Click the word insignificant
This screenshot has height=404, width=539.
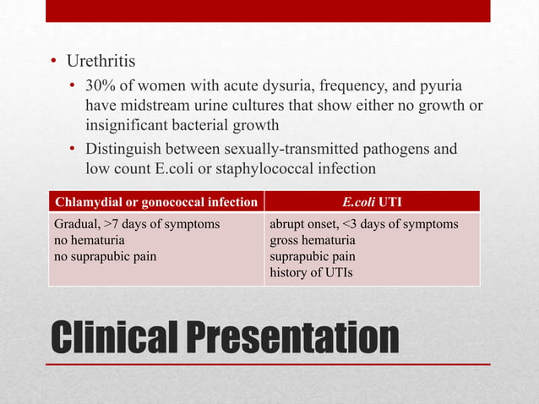129,127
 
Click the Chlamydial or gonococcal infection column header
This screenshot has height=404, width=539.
155,201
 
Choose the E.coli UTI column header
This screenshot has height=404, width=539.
372,201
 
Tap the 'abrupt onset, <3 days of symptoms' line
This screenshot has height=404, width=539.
363,225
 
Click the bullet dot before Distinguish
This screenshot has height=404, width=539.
73,150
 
